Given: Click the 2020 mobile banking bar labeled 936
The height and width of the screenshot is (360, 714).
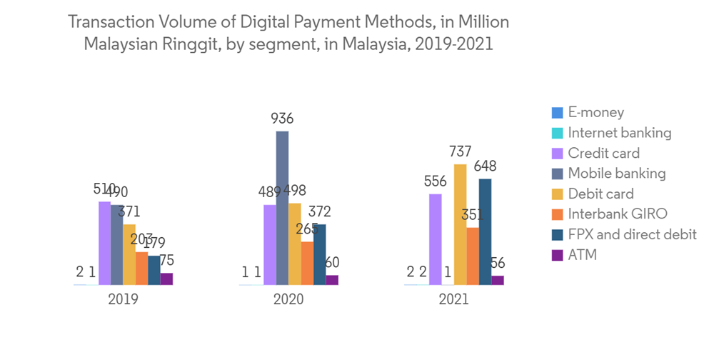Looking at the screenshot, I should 283,208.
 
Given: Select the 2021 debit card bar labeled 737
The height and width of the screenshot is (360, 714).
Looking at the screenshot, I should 461,224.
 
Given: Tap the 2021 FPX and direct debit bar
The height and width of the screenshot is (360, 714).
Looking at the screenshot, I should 485,231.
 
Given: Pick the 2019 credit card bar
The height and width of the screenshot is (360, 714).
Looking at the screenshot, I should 104,243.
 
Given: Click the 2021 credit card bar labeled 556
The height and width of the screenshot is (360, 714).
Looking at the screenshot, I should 436,239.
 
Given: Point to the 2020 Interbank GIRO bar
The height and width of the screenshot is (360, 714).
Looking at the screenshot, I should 307,263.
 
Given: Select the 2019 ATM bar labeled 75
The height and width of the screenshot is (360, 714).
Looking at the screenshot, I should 166,279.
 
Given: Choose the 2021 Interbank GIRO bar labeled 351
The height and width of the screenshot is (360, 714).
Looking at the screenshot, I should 473,256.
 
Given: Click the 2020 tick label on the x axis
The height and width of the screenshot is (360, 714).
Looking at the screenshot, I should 288,299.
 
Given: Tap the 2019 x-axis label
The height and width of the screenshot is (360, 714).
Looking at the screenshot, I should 123,299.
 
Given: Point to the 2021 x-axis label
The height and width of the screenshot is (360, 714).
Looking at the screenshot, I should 454,299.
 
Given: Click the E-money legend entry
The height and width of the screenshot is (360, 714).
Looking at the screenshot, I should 595,112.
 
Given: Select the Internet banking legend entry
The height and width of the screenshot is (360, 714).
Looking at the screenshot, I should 619,133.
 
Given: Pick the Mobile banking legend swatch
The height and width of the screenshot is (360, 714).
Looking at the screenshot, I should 558,174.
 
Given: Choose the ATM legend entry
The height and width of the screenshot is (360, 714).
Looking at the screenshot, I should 582,254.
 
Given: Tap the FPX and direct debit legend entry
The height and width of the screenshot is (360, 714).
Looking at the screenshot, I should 632,234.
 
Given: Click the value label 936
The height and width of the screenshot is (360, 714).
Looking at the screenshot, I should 282,119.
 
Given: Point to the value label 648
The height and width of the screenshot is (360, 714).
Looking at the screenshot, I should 485,166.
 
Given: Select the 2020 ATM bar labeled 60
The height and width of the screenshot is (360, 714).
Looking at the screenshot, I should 332,280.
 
